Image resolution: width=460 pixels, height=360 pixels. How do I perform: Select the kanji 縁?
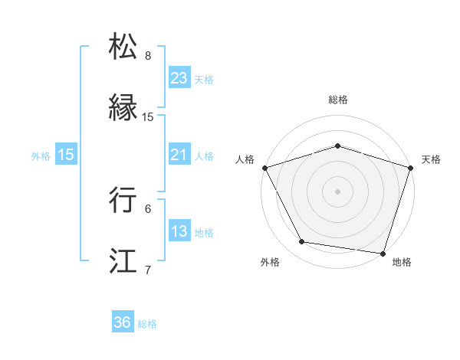pyautogui.click(x=124, y=107)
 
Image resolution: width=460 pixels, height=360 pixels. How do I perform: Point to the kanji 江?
pyautogui.click(x=124, y=260)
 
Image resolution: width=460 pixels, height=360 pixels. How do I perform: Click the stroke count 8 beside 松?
pyautogui.click(x=148, y=56)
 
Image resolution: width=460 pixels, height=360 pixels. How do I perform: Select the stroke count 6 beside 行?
pyautogui.click(x=148, y=208)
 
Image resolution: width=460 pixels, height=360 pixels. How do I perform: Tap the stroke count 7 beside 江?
pyautogui.click(x=148, y=270)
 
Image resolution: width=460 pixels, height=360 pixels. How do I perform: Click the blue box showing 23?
pyautogui.click(x=179, y=78)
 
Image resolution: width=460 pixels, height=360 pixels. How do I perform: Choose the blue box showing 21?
pyautogui.click(x=179, y=155)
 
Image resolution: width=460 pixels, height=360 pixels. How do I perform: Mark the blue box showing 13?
pyautogui.click(x=179, y=231)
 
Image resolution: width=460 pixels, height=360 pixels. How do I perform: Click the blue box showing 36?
pyautogui.click(x=122, y=323)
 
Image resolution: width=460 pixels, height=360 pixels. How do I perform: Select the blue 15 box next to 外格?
pyautogui.click(x=66, y=155)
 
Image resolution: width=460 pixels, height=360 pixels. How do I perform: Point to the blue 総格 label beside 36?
pyautogui.click(x=147, y=324)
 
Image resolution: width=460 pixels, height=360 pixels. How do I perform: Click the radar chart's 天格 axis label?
pyautogui.click(x=431, y=159)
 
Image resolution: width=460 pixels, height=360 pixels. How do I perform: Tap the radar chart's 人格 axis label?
pyautogui.click(x=245, y=159)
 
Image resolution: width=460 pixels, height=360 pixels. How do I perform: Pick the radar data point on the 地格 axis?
pyautogui.click(x=383, y=253)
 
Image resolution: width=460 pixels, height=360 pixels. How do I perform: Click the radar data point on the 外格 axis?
pyautogui.click(x=302, y=242)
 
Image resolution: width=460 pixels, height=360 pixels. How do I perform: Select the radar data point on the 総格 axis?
pyautogui.click(x=337, y=146)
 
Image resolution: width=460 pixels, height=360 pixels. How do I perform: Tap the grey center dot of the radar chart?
pyautogui.click(x=337, y=191)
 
